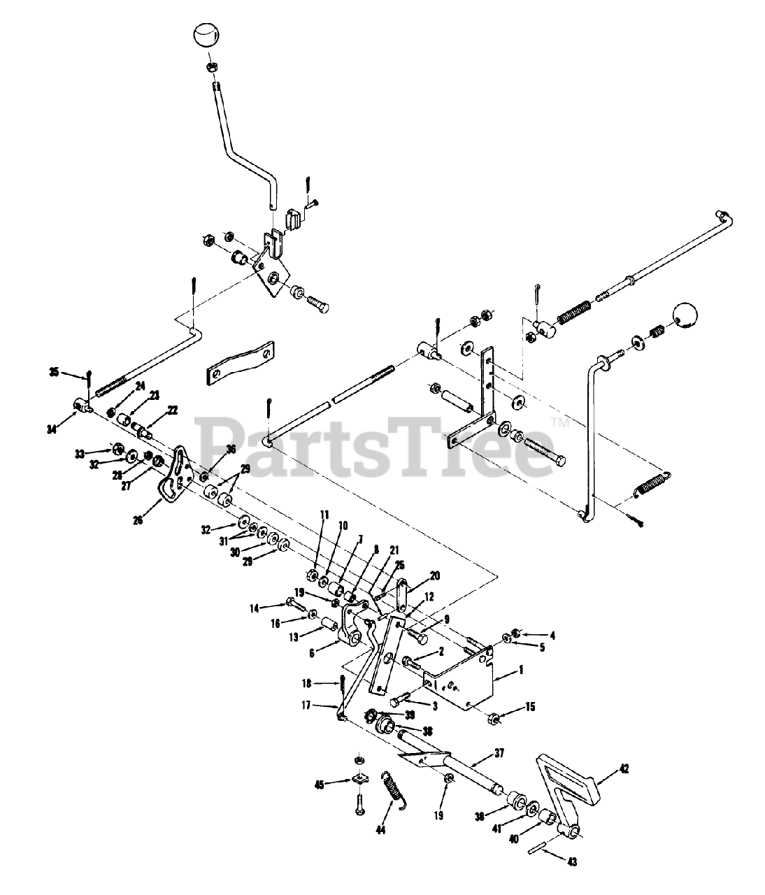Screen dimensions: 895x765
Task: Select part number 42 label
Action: pyautogui.click(x=624, y=770)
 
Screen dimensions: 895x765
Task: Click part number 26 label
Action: pyautogui.click(x=138, y=520)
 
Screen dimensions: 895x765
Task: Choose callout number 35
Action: pyautogui.click(x=55, y=371)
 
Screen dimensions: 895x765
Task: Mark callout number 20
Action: pyautogui.click(x=435, y=575)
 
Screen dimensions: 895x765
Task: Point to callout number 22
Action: pyautogui.click(x=172, y=410)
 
